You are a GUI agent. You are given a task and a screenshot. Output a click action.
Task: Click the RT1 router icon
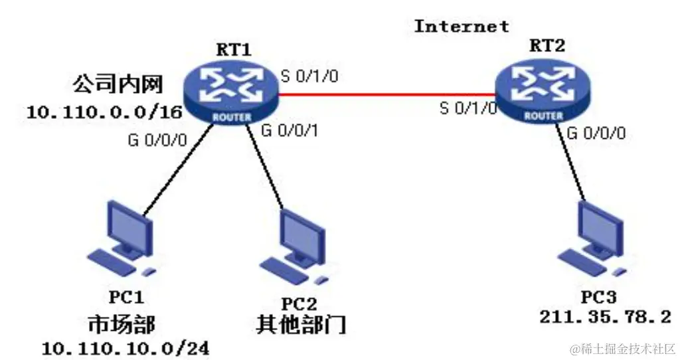[x=232, y=93]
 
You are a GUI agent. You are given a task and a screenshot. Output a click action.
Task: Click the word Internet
[x=462, y=26]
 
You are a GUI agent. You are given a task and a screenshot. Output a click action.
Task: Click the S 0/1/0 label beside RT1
[x=309, y=75]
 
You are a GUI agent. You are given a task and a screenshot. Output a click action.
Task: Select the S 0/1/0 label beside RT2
[x=468, y=108]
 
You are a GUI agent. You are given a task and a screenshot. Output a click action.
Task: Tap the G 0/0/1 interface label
[x=291, y=130]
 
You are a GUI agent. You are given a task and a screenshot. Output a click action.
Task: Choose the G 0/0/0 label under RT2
[x=596, y=133]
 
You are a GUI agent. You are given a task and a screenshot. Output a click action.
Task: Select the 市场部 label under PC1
[x=122, y=325]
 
